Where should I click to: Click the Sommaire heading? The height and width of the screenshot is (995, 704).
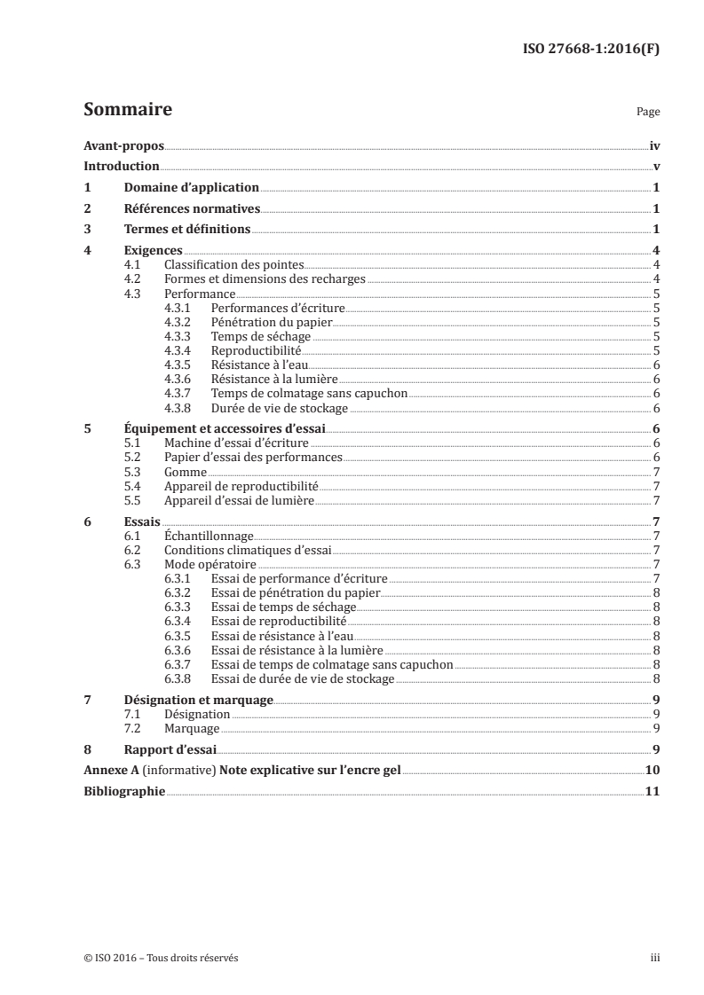(x=127, y=110)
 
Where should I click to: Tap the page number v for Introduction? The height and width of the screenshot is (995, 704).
(x=655, y=167)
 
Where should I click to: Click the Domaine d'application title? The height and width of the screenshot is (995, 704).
(x=191, y=188)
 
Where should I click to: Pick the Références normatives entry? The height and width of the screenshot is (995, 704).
(x=192, y=209)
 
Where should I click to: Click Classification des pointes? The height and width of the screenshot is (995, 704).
(x=233, y=265)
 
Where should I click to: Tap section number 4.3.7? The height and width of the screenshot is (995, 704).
(x=181, y=393)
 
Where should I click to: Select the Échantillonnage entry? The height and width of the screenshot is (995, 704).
(x=210, y=536)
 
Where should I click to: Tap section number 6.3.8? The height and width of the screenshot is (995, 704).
(x=181, y=678)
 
